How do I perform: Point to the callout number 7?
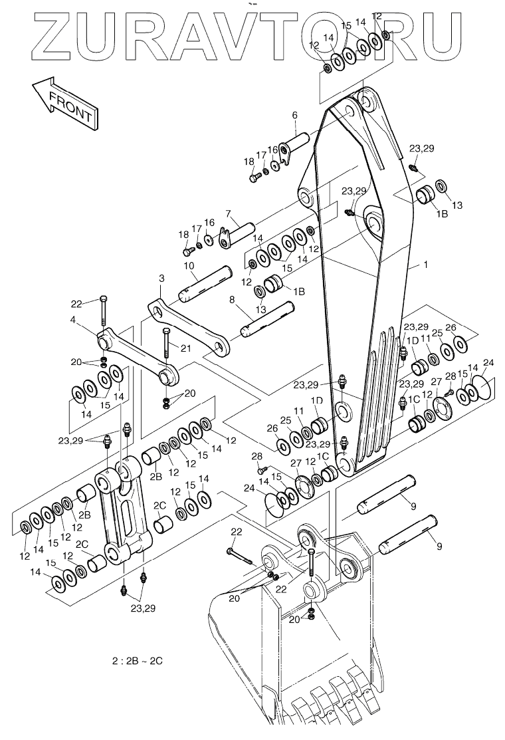click(x=227, y=214)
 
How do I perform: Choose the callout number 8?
click(x=231, y=301)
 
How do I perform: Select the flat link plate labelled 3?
click(x=189, y=328)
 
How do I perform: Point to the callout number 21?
click(x=185, y=348)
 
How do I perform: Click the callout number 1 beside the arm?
click(x=427, y=265)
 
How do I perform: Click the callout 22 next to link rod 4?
click(x=76, y=303)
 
